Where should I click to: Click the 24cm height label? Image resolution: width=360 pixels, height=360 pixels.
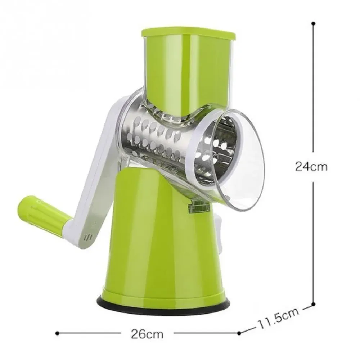click(311, 166)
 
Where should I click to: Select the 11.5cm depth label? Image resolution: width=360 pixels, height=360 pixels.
click(279, 318)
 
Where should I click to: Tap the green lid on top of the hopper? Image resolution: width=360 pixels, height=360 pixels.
click(188, 33)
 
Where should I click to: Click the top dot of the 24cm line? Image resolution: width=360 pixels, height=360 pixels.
click(314, 23)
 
